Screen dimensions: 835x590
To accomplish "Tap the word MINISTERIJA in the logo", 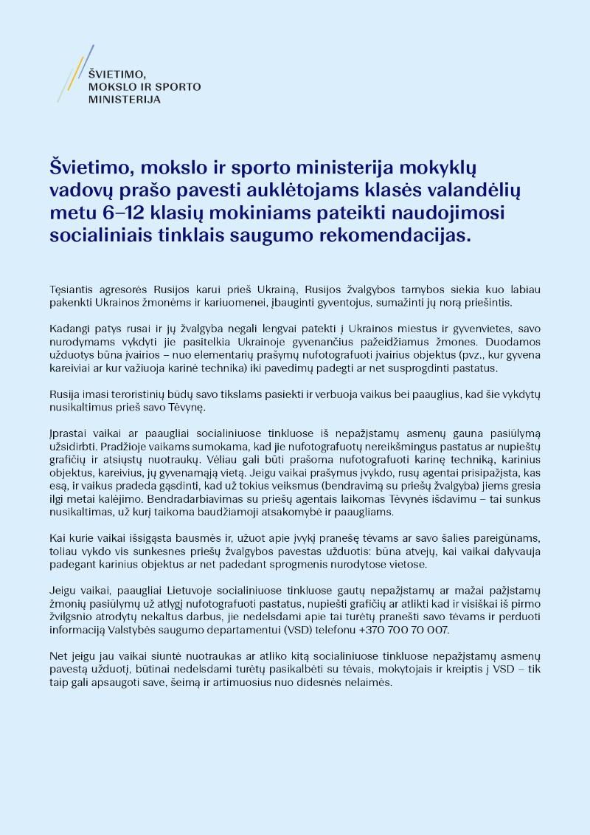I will tap(124, 98).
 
